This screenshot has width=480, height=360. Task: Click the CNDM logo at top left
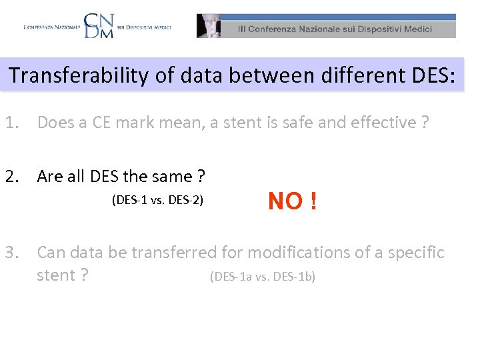click(99, 25)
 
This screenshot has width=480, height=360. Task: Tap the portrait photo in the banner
click(209, 26)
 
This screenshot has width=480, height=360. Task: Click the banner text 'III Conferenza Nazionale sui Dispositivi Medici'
click(336, 29)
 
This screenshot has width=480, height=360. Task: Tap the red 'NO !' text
click(292, 200)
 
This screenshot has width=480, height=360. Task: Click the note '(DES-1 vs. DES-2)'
click(157, 200)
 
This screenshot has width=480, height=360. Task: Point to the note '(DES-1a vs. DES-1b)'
click(263, 276)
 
